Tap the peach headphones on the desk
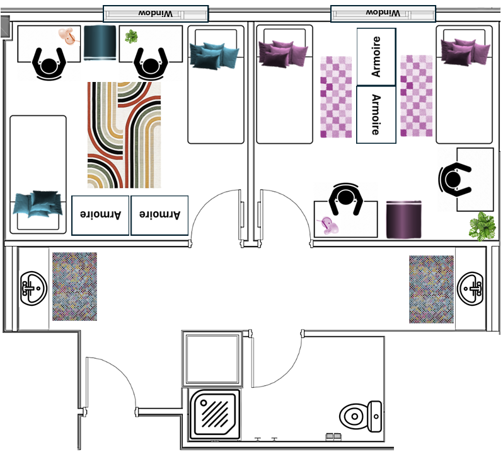click(68, 37)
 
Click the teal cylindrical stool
click(100, 42)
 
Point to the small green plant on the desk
click(131, 37)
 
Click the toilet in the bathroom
click(361, 416)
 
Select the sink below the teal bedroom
click(33, 288)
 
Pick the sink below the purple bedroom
click(471, 288)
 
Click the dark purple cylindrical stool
click(403, 219)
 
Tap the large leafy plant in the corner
click(483, 226)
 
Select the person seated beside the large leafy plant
click(454, 179)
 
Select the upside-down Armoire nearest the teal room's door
click(159, 215)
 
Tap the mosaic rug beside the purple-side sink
click(431, 289)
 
